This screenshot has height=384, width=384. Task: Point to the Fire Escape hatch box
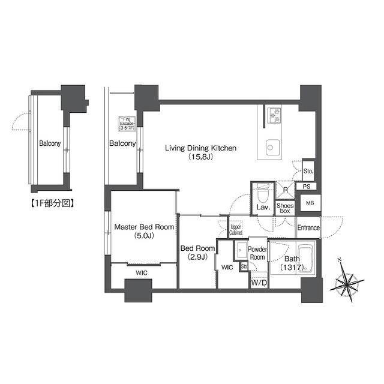(127, 123)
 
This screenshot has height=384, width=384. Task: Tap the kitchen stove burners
(274, 114)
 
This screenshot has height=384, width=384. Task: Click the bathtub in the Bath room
(298, 259)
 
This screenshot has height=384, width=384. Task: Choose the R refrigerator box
(286, 190)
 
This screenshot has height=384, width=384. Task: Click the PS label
(307, 187)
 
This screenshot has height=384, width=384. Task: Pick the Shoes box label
(285, 208)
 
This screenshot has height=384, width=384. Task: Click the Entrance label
(308, 228)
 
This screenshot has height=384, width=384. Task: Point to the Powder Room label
(257, 253)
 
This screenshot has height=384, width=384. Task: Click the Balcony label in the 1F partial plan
(49, 144)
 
